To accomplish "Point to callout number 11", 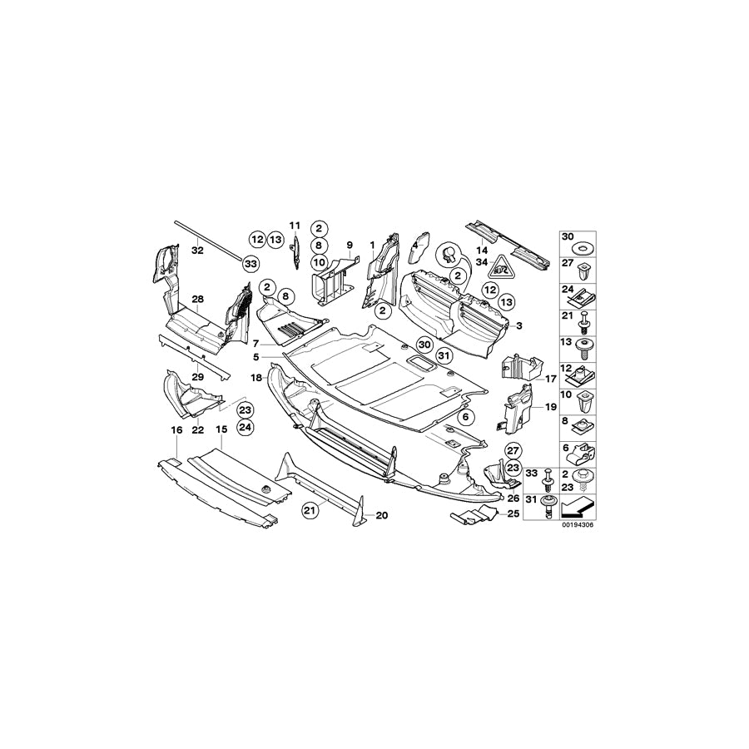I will (x=294, y=226).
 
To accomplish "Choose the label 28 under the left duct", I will (x=197, y=299).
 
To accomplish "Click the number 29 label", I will (x=197, y=377).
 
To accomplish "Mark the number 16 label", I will (x=176, y=429).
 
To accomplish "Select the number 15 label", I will (x=221, y=429).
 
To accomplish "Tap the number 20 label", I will (x=382, y=516).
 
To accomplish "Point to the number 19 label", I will (x=550, y=408).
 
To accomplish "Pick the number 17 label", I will (x=550, y=379).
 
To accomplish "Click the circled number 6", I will (x=465, y=415).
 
